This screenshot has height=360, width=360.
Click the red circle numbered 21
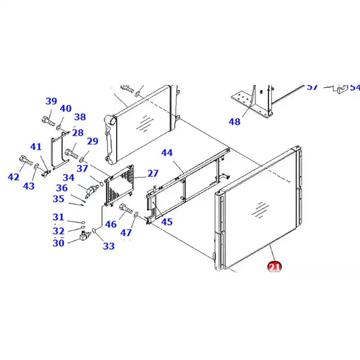(x=274, y=266)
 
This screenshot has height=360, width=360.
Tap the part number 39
(x=51, y=101)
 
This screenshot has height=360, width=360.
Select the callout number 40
(x=66, y=108)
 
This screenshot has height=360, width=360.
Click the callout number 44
(x=166, y=153)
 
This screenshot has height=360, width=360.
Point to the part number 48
(x=234, y=121)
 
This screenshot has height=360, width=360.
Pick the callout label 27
(x=153, y=173)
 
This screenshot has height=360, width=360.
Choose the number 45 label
(x=166, y=221)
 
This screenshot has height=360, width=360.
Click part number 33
(x=108, y=246)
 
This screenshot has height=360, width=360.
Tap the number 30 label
(x=58, y=243)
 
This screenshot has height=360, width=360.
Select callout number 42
(x=13, y=177)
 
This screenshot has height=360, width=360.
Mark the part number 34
(x=68, y=178)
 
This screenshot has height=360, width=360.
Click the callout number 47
(x=126, y=233)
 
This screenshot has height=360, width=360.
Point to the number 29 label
(x=92, y=141)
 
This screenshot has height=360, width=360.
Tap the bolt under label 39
(x=47, y=120)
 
